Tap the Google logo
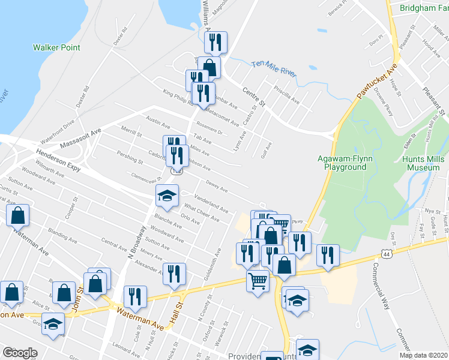pos(20,352)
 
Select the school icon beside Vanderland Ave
pos(167,195)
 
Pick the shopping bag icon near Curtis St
pos(18,214)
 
